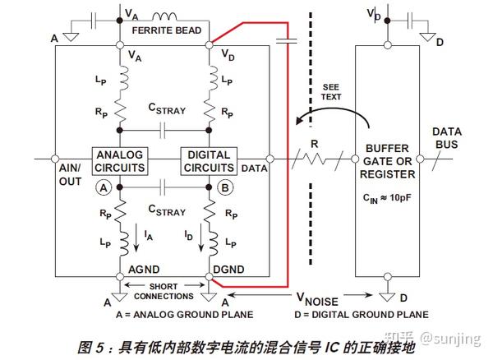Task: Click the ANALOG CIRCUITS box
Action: [x=121, y=161]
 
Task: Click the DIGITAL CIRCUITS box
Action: [x=210, y=161]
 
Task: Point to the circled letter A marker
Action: [x=104, y=187]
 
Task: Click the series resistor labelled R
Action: [x=313, y=158]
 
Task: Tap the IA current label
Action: [x=147, y=235]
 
